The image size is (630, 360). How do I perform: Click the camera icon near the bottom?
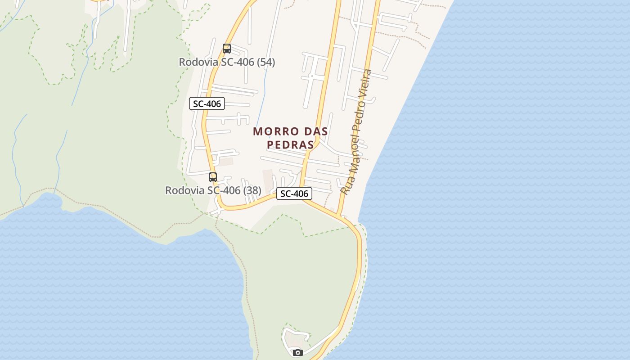[x=297, y=352]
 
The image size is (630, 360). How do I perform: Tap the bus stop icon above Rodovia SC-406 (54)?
[x=227, y=48]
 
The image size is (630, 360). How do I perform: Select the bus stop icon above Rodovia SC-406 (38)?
[x=213, y=177]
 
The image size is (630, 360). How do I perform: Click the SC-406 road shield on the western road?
[x=207, y=103]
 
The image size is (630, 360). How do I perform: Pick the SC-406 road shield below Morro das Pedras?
[x=294, y=193]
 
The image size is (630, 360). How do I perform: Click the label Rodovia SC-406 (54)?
[x=227, y=62]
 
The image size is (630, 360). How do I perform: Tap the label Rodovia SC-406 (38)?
[x=213, y=190]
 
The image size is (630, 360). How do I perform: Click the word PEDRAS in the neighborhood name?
[x=290, y=145]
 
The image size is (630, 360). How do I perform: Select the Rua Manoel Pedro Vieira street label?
[x=356, y=132]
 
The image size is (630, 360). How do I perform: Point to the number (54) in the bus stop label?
[x=266, y=62]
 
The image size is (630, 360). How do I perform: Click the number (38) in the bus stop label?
[x=252, y=190]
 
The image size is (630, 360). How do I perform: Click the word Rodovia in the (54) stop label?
[x=198, y=62]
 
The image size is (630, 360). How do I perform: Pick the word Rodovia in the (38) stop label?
[x=184, y=190]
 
